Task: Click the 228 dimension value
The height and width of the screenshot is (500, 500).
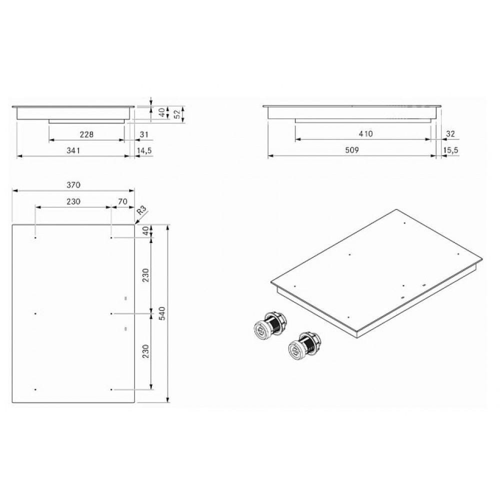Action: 86,134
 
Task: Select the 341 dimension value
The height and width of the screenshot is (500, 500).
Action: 73,150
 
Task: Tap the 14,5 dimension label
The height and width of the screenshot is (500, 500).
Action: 144,150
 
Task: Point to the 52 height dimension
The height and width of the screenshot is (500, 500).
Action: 177,114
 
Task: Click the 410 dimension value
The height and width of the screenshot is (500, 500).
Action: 365,134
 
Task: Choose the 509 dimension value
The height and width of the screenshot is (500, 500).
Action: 352,150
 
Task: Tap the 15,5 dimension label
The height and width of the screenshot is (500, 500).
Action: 450,150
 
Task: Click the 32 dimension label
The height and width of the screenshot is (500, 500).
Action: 450,134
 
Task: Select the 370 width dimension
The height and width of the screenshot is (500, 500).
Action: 73,185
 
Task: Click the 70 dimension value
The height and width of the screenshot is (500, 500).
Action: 122,201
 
